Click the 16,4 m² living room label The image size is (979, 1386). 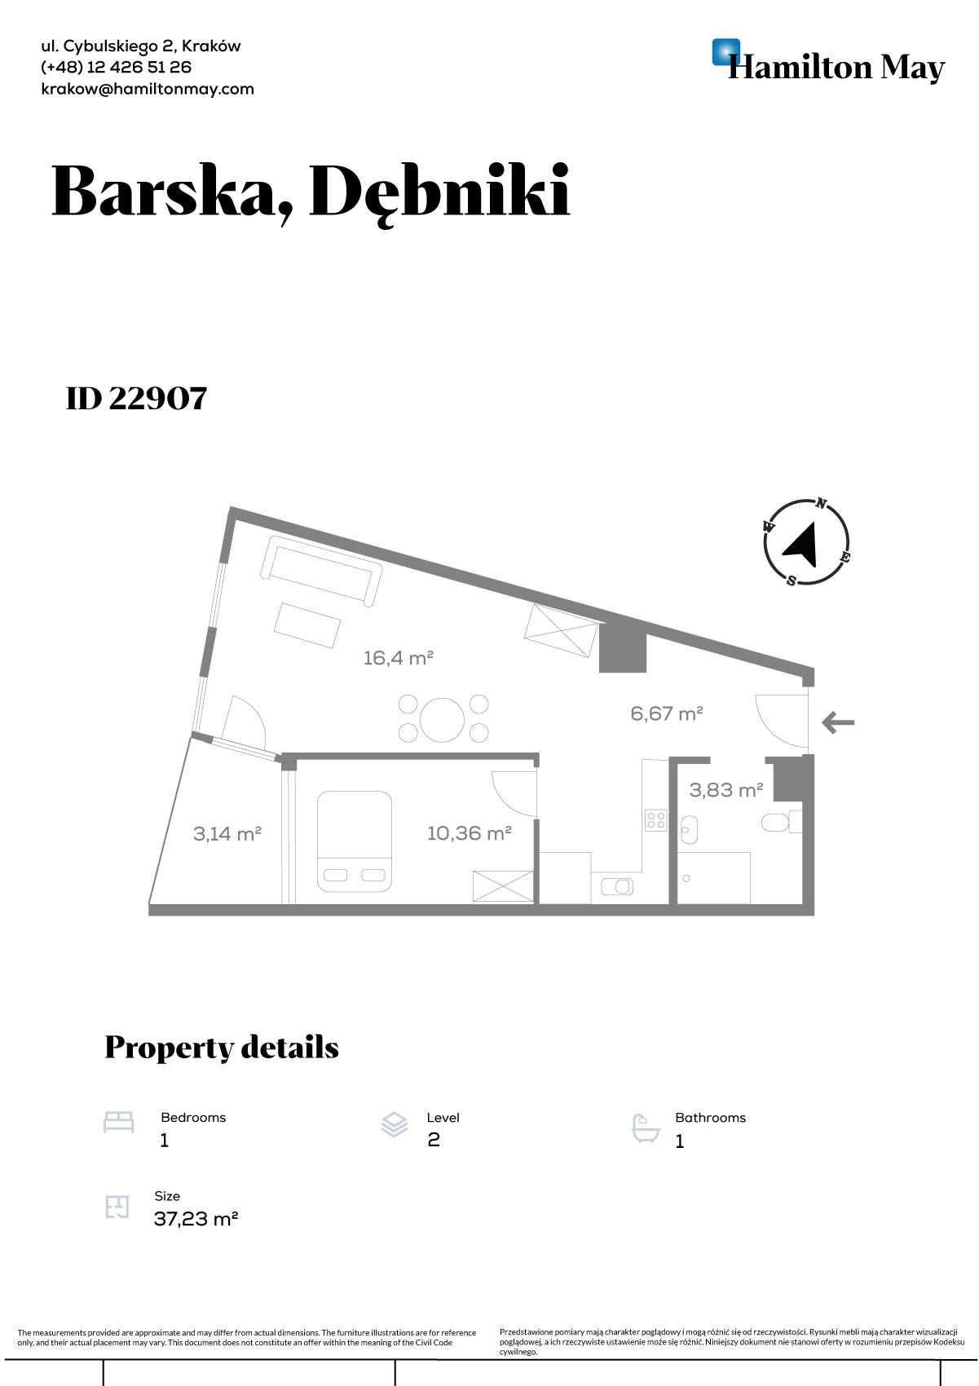click(x=398, y=658)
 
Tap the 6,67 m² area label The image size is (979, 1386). click(x=667, y=714)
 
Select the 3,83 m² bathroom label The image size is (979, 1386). click(x=726, y=790)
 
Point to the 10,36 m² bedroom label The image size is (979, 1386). click(x=469, y=833)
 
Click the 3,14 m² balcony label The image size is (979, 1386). click(x=227, y=834)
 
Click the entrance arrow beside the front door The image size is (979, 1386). click(x=838, y=722)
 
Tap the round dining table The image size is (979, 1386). click(x=442, y=720)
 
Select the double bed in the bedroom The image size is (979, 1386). click(x=355, y=841)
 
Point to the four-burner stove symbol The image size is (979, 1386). click(x=656, y=820)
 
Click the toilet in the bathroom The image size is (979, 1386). click(x=781, y=822)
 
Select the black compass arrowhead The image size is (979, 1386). click(x=802, y=545)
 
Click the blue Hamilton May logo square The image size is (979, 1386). click(x=726, y=52)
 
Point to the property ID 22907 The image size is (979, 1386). click(x=137, y=399)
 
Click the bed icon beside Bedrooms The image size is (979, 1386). click(x=118, y=1122)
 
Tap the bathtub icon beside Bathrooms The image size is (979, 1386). click(x=646, y=1128)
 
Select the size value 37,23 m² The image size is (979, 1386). click(x=196, y=1219)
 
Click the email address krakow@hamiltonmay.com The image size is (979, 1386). click(x=148, y=89)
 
